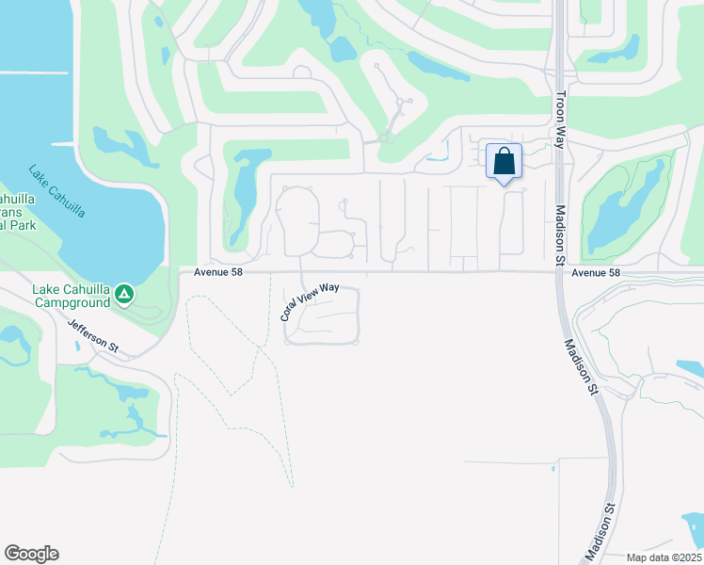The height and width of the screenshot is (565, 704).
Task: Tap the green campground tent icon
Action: coord(123,296)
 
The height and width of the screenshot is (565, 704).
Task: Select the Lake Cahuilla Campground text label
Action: coord(72,296)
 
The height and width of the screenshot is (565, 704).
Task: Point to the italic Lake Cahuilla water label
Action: coord(56,192)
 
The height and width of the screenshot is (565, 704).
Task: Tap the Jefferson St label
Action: coord(93,335)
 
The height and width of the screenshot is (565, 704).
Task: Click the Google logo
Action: coord(31,554)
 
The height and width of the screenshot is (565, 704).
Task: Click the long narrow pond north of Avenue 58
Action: coord(243,193)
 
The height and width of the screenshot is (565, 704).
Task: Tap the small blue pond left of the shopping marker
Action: coord(436,158)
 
